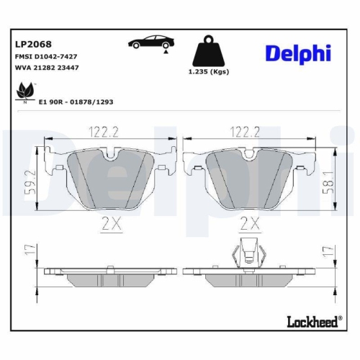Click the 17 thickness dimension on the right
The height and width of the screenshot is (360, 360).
(x=328, y=252)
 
